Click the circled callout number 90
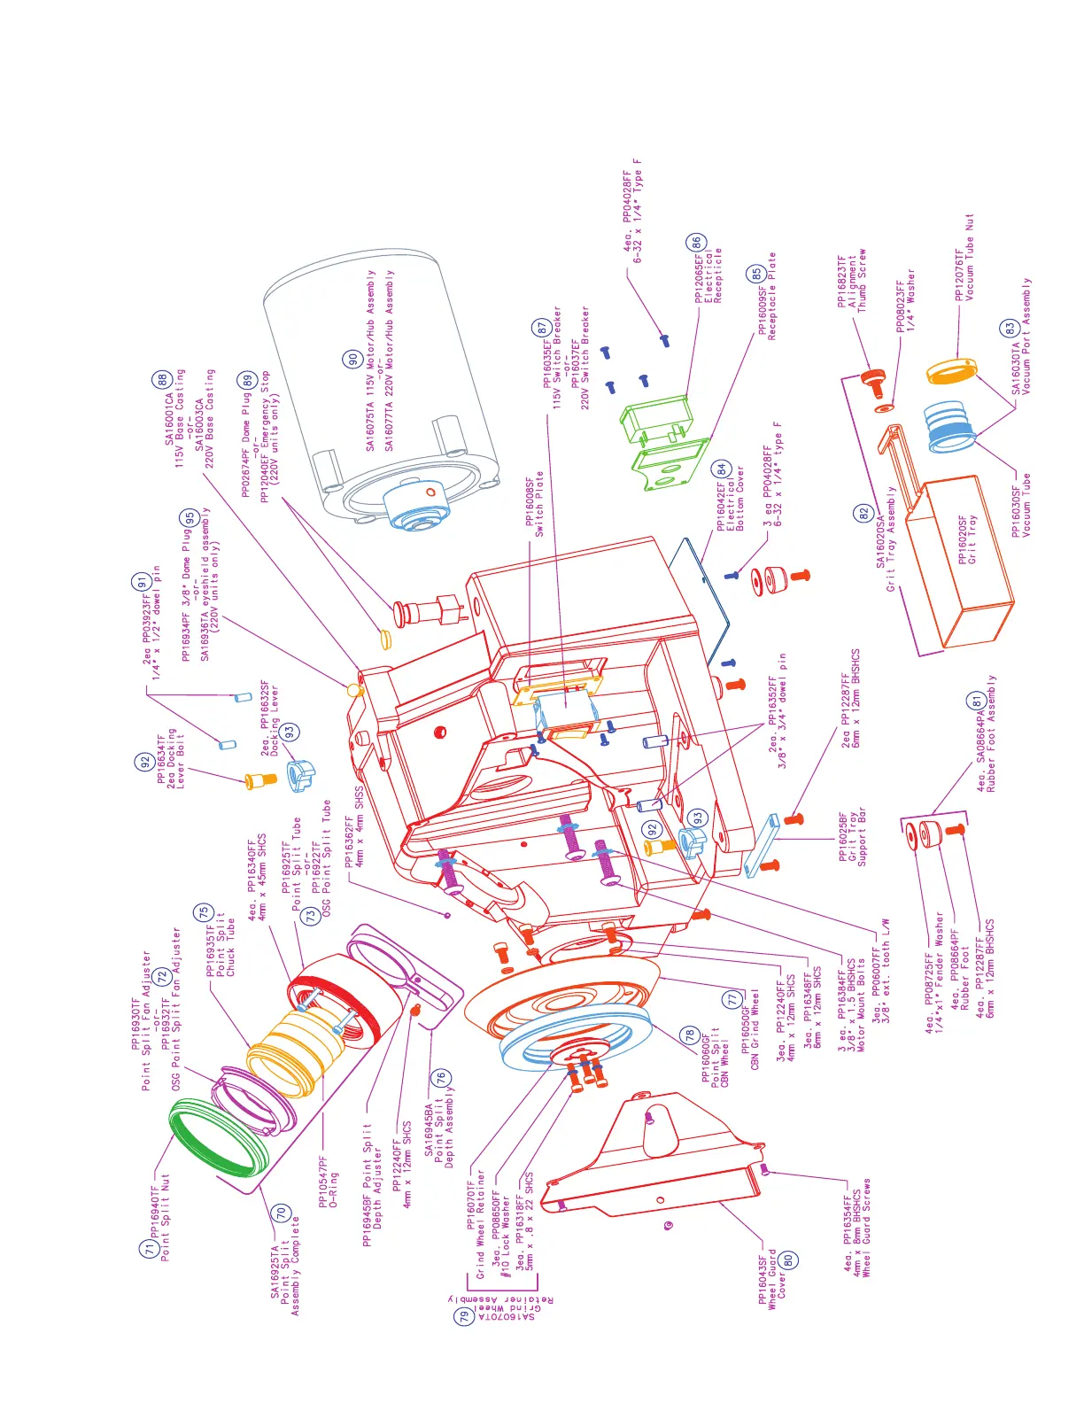pyautogui.click(x=352, y=359)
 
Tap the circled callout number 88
pyautogui.click(x=163, y=379)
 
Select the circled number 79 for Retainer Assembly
pyautogui.click(x=465, y=1316)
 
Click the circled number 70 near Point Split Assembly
pyautogui.click(x=281, y=1213)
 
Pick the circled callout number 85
pyautogui.click(x=756, y=274)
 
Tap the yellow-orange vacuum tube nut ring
pyautogui.click(x=950, y=370)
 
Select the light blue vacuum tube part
pyautogui.click(x=950, y=425)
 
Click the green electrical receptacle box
pyautogui.click(x=655, y=420)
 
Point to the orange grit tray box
pyautogui.click(x=965, y=558)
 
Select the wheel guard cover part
pyautogui.click(x=655, y=1151)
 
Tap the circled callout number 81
pyautogui.click(x=975, y=701)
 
